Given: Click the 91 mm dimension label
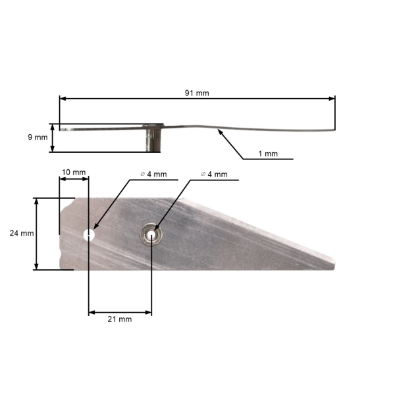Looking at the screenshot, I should [x=197, y=93].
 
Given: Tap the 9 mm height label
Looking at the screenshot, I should [x=38, y=138].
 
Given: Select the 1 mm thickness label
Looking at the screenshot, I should [x=267, y=153].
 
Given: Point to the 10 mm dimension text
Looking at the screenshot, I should [x=73, y=172].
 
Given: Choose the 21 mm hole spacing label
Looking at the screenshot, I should [x=119, y=319].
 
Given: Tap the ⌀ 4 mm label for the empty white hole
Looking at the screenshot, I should [x=153, y=174].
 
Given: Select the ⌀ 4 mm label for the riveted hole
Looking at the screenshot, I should [x=214, y=174].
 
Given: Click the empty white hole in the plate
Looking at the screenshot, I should [x=89, y=234].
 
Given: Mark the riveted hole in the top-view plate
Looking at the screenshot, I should [x=151, y=234].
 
